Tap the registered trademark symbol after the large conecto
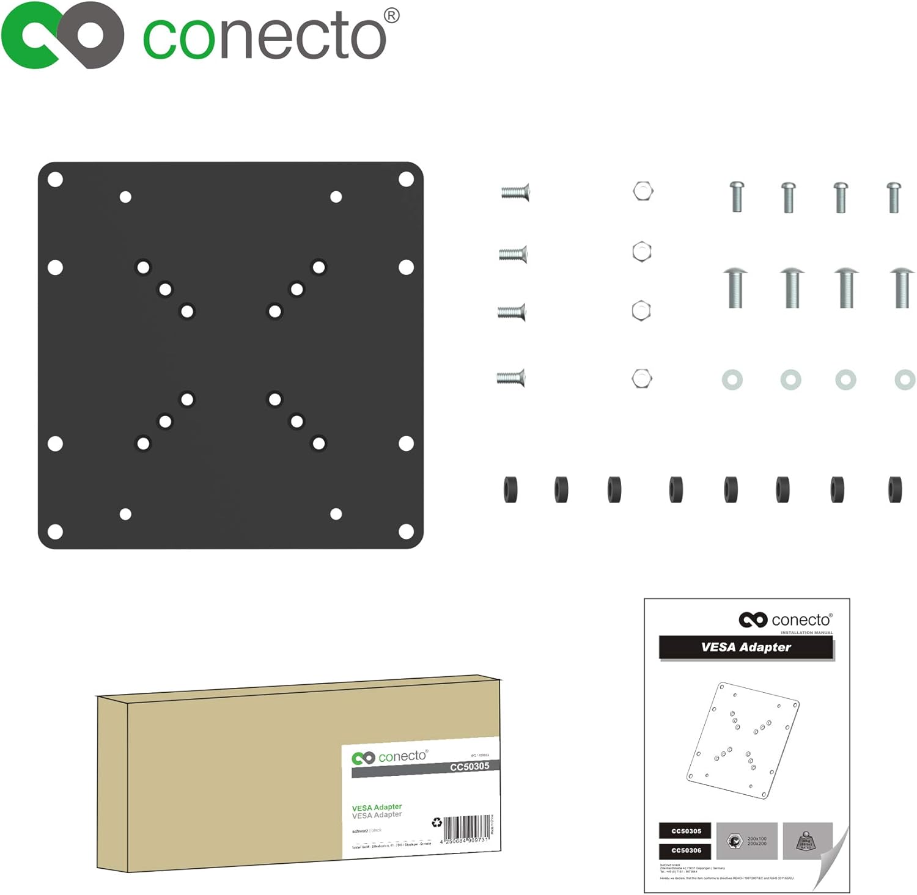tap(392, 15)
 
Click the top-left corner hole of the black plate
tap(55, 180)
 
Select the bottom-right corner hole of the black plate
tap(406, 532)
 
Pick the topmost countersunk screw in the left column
tap(515, 192)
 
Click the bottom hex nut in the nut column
tap(641, 379)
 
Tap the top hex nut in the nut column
tap(643, 191)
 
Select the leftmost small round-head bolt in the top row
tap(737, 196)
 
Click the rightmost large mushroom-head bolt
tap(902, 287)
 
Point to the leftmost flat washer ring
tap(732, 380)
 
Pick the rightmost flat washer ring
tap(904, 380)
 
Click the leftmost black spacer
tap(510, 490)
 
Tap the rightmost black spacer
tap(894, 490)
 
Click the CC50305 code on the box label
tap(469, 767)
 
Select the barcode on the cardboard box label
tap(466, 828)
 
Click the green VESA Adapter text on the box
tap(377, 807)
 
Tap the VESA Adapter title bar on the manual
tap(746, 648)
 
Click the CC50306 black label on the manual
tap(686, 850)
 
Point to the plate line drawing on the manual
tap(743, 740)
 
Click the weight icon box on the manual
tap(807, 842)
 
